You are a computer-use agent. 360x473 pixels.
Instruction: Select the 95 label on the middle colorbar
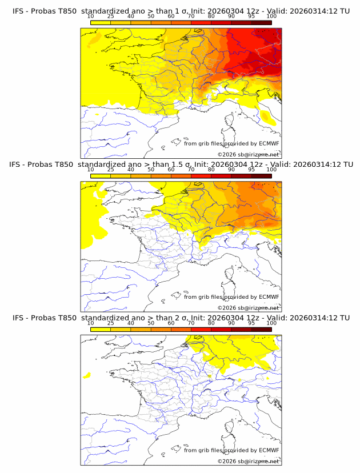click(251, 169)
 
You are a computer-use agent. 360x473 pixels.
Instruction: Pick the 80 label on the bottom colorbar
click(211, 323)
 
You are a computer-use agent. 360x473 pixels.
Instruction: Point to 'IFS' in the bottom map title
click(18, 317)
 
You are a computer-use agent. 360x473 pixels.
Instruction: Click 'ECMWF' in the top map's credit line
click(269, 143)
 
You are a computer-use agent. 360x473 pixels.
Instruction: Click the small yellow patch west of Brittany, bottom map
click(87, 375)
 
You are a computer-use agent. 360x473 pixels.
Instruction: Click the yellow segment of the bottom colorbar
click(100, 329)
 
